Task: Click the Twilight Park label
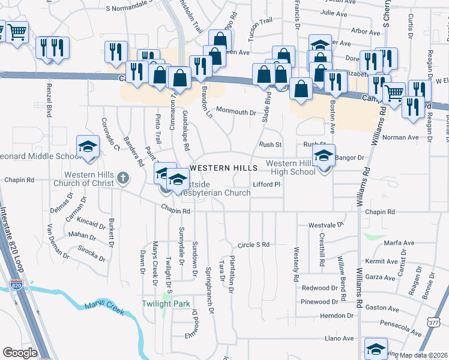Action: (165, 304)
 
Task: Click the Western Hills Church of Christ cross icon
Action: (123, 178)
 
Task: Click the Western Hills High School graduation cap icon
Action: (324, 155)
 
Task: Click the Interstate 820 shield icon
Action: (16, 286)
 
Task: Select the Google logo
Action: (20, 353)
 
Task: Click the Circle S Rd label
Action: (253, 245)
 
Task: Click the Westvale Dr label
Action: (327, 225)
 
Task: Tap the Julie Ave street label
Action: (334, 12)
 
